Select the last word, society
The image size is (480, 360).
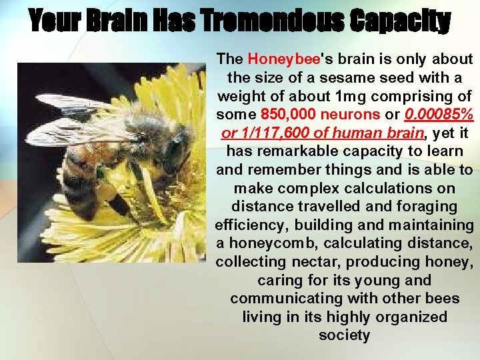tap(344, 335)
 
